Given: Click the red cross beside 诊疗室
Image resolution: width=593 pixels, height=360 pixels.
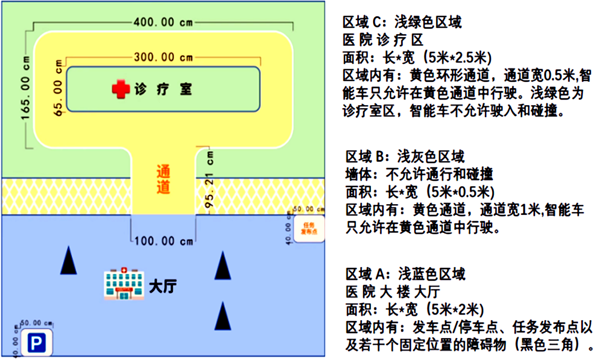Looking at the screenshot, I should [x=120, y=89].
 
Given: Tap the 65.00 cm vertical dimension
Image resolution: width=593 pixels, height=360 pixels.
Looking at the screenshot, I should [x=59, y=88].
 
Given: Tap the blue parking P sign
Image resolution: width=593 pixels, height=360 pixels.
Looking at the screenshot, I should [x=37, y=344].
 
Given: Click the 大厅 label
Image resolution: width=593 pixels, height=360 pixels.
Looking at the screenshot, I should [x=162, y=286].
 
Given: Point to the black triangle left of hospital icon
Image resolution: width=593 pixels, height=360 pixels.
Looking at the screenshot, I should [x=69, y=261].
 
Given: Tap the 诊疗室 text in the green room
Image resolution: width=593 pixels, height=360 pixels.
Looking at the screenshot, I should [x=164, y=89].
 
